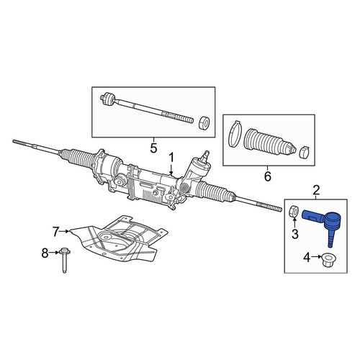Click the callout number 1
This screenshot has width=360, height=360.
[x=171, y=157]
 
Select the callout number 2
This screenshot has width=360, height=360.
[x=315, y=191]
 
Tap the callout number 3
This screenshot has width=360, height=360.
[x=294, y=235]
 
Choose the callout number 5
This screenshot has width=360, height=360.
[x=153, y=148]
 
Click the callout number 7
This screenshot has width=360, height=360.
[x=56, y=231]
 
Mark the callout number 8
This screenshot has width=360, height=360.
[x=45, y=252]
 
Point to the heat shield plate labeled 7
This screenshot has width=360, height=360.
[x=119, y=238]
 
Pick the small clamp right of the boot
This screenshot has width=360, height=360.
[x=304, y=151]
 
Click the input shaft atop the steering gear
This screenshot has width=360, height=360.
[x=207, y=155]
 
